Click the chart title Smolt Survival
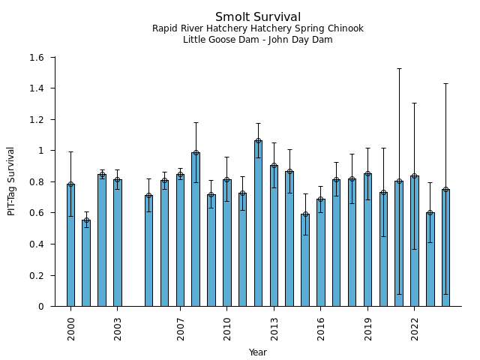click(x=257, y=17)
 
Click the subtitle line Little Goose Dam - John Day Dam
click(x=257, y=40)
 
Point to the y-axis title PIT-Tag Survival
click(x=11, y=181)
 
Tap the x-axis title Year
click(x=257, y=352)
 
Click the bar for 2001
click(x=86, y=263)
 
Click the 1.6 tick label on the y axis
click(x=35, y=58)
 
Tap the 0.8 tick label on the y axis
click(x=35, y=182)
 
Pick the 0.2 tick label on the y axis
click(x=35, y=275)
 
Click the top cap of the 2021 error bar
click(x=399, y=68)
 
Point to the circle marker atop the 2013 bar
click(x=274, y=166)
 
